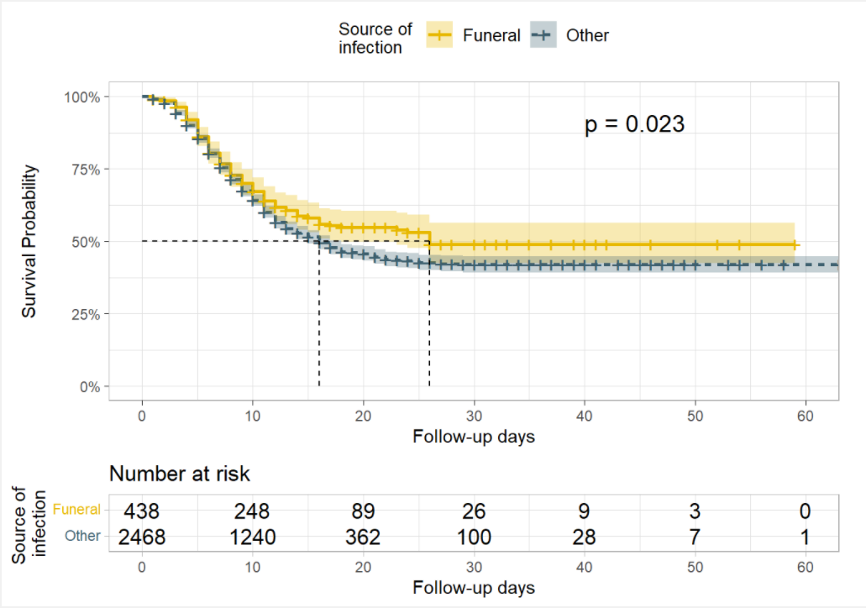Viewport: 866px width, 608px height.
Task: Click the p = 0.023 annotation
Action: (634, 125)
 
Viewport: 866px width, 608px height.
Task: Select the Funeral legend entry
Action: (474, 35)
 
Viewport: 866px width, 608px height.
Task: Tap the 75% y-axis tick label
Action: (85, 169)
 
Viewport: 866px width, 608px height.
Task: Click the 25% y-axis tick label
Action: (85, 314)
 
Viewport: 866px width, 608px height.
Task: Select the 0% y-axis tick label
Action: (88, 387)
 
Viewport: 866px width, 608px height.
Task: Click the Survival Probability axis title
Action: (29, 242)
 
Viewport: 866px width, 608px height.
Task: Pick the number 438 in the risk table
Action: (142, 511)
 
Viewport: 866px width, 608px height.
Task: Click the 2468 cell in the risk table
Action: (142, 537)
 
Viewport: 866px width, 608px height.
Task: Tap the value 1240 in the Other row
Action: (253, 537)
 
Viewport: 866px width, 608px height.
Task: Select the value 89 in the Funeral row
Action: (363, 511)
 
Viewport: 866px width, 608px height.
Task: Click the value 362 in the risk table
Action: (363, 537)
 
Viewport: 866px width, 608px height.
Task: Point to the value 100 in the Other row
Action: (474, 537)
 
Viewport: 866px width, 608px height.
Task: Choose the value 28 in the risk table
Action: (585, 537)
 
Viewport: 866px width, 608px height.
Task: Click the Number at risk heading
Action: (180, 474)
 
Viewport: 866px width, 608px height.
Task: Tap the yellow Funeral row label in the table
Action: (76, 510)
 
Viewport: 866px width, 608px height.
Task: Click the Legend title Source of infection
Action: (375, 38)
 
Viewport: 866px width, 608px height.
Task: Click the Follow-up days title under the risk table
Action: (474, 587)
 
